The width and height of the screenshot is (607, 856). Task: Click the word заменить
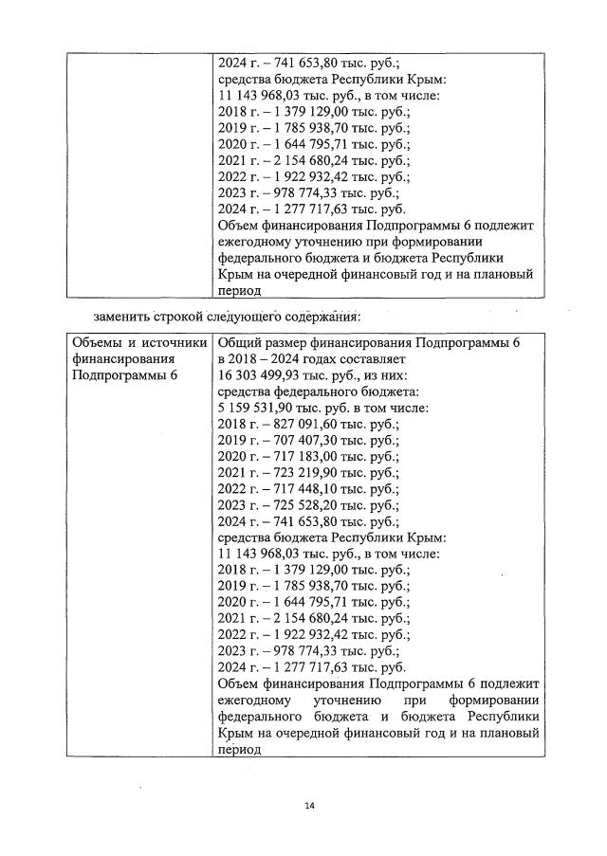click(x=123, y=316)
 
